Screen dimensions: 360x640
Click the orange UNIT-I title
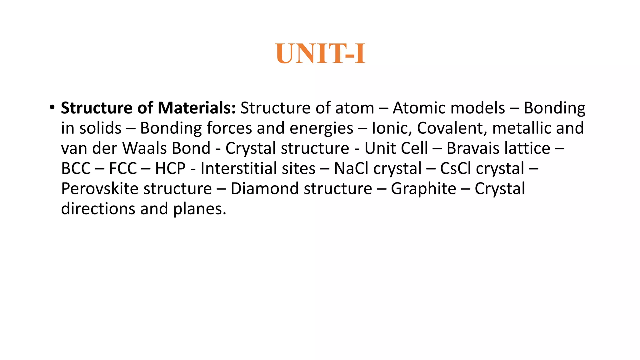point(320,54)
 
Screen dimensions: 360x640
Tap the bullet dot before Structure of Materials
point(52,108)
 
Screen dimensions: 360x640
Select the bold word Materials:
point(197,108)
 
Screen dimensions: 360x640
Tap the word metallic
point(520,128)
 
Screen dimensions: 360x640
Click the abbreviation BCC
point(76,168)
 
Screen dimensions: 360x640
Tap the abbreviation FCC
point(123,168)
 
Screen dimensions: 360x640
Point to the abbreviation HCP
point(170,168)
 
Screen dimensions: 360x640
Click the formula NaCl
point(351,168)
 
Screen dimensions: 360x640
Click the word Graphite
point(423,189)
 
